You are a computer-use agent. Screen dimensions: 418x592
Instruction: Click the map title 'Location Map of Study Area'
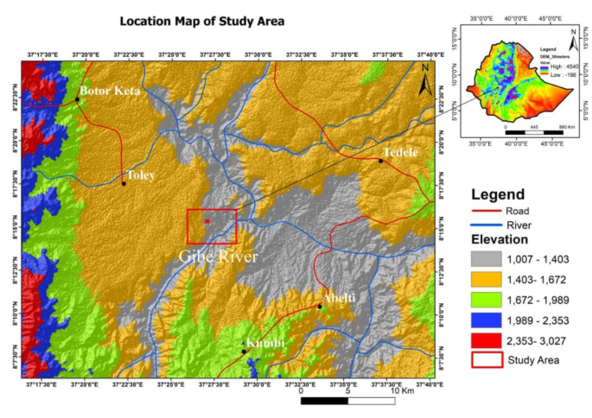(x=201, y=21)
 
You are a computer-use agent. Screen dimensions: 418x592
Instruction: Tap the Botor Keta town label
(x=109, y=90)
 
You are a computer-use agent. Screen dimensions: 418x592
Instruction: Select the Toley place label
(x=141, y=174)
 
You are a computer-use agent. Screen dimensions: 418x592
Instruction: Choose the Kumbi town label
(x=267, y=343)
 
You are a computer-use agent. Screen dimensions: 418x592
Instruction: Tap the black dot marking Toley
(x=124, y=183)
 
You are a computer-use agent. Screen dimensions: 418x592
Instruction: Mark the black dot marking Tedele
(x=381, y=161)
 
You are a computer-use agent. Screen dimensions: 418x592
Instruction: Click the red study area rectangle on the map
(x=212, y=226)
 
